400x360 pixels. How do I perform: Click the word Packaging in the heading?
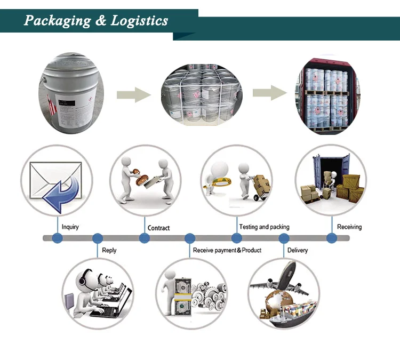(x=58, y=21)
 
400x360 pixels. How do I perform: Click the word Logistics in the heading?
(x=139, y=21)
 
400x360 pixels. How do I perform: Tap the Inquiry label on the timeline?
(x=70, y=227)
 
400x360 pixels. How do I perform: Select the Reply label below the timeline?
(x=109, y=250)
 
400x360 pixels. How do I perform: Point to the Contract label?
(x=158, y=228)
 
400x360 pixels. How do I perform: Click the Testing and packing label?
(x=264, y=227)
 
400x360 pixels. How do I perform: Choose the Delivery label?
(x=297, y=250)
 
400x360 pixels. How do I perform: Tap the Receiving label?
(x=349, y=227)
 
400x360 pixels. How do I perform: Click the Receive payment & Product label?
(x=227, y=250)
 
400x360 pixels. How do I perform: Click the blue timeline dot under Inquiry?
(x=57, y=238)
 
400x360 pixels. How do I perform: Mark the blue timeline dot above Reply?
(x=98, y=238)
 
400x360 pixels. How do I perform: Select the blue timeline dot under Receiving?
(x=331, y=238)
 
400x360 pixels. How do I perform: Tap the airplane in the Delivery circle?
(x=283, y=277)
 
